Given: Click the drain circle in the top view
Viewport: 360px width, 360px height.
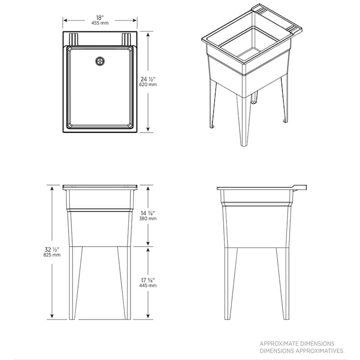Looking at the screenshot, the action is pyautogui.click(x=100, y=61).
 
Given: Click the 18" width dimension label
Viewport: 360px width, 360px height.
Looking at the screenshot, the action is pyautogui.click(x=100, y=18).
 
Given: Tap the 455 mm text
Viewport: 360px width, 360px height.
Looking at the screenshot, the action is pyautogui.click(x=100, y=23).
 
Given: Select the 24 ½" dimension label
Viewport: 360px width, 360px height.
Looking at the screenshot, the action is pyautogui.click(x=148, y=79).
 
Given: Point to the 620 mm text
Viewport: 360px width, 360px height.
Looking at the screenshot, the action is pyautogui.click(x=148, y=84).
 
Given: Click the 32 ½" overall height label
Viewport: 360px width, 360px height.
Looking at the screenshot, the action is pyautogui.click(x=52, y=250).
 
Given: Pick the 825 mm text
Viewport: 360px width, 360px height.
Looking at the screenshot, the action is pyautogui.click(x=52, y=255).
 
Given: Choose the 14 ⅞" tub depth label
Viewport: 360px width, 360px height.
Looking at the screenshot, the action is pyautogui.click(x=148, y=213).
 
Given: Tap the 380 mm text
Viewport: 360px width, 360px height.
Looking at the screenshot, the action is pyautogui.click(x=148, y=219).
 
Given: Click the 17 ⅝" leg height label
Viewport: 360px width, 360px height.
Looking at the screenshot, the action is pyautogui.click(x=148, y=281).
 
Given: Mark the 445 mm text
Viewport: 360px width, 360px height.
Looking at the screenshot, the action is pyautogui.click(x=148, y=286).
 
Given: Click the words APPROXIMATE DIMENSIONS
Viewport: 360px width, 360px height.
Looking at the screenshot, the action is pyautogui.click(x=297, y=343).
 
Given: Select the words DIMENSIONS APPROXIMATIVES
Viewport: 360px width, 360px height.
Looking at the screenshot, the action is pyautogui.click(x=301, y=351).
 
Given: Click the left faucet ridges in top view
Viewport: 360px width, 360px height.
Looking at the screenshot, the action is pyautogui.click(x=74, y=39).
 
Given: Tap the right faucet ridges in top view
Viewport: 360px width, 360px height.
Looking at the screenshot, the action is pyautogui.click(x=126, y=39).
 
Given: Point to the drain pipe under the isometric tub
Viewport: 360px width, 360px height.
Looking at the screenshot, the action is pyautogui.click(x=254, y=98).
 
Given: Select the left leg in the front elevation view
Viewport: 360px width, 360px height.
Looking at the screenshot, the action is pyautogui.click(x=75, y=283).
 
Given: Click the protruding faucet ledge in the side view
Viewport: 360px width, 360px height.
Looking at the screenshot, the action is pyautogui.click(x=300, y=187).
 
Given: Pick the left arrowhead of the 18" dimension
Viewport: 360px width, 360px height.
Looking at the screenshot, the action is pyautogui.click(x=65, y=20).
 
